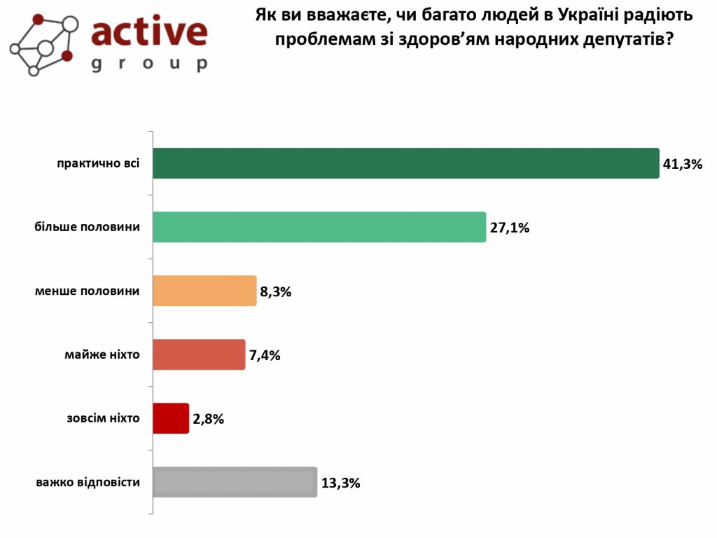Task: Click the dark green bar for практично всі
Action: click(405, 163)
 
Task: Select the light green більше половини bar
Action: click(319, 227)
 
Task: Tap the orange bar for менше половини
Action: click(204, 291)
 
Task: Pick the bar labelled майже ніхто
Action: click(199, 354)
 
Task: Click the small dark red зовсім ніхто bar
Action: click(171, 418)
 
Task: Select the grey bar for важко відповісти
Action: click(235, 482)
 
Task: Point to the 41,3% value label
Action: click(682, 165)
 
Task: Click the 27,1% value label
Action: click(509, 228)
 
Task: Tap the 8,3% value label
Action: click(275, 292)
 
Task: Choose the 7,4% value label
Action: click(265, 356)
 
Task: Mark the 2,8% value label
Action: click(208, 420)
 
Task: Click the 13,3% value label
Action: click(340, 483)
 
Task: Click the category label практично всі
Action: click(99, 163)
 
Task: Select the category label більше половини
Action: click(87, 227)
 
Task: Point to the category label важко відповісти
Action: click(88, 482)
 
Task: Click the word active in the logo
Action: click(150, 32)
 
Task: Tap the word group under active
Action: click(150, 63)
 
